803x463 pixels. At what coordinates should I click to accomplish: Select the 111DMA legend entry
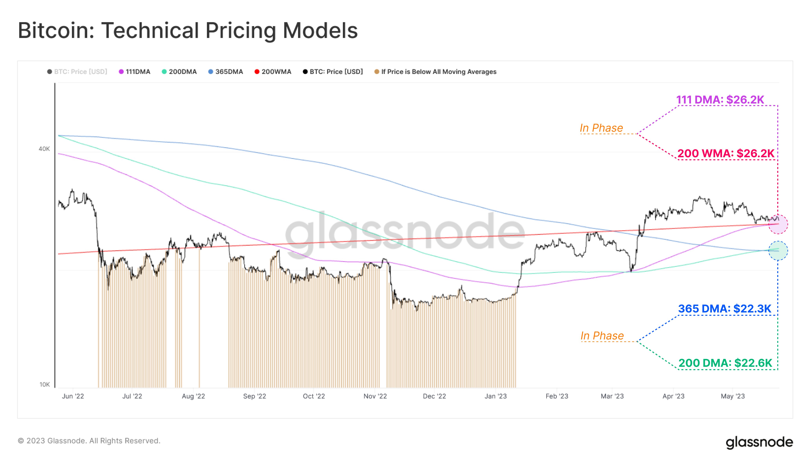134,72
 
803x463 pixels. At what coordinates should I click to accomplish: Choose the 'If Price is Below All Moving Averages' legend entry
435,72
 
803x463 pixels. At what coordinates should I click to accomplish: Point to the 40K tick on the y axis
44,149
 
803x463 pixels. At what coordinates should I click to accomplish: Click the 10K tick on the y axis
44,384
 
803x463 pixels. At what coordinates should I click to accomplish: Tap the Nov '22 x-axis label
375,396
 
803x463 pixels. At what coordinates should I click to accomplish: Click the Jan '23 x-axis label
496,396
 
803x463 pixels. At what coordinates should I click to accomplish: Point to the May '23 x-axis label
732,396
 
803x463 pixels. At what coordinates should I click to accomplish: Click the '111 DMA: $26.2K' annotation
720,100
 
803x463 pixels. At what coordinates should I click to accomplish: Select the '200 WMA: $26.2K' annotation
726,154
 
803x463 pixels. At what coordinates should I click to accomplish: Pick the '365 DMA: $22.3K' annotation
725,309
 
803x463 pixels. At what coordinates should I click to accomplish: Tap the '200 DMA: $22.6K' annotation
725,363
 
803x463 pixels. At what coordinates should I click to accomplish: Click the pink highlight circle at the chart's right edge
778,224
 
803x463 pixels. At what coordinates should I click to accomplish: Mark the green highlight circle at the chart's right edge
778,250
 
